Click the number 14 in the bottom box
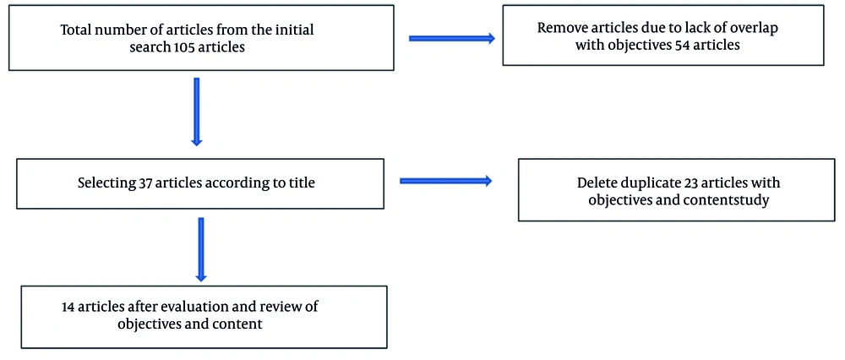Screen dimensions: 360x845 [x=69, y=307]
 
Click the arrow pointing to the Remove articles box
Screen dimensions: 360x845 [x=452, y=38]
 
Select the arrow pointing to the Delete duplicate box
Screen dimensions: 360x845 [x=445, y=179]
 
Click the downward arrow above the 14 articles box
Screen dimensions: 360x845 [x=201, y=248]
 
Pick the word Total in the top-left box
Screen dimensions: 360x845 [x=78, y=30]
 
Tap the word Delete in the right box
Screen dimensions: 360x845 [x=597, y=183]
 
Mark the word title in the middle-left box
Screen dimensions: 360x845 [x=299, y=183]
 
